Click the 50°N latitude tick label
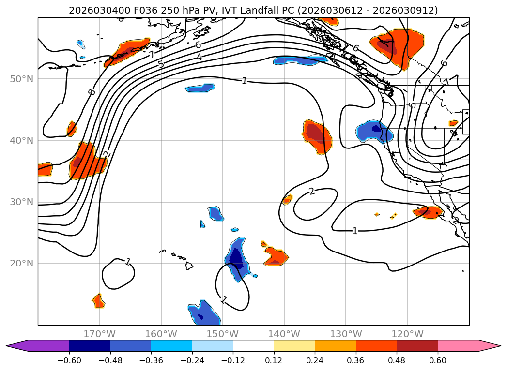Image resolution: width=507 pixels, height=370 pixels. point(21,79)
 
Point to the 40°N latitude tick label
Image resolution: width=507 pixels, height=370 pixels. point(21,141)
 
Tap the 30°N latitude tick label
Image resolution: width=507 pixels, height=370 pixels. point(21,202)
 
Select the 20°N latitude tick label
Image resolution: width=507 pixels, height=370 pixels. point(21,264)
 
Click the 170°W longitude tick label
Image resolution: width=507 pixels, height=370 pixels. point(99,334)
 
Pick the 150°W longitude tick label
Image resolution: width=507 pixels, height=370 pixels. point(222,334)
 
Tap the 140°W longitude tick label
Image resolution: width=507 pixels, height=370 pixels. point(284,334)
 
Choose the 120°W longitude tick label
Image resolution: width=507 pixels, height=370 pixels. point(407,334)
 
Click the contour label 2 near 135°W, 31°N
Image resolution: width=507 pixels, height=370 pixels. point(312,192)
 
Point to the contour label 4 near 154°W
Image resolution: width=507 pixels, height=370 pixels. point(199,57)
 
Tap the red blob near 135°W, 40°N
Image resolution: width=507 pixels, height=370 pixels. point(317,135)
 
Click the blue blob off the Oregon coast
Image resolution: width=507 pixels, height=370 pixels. point(374,131)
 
